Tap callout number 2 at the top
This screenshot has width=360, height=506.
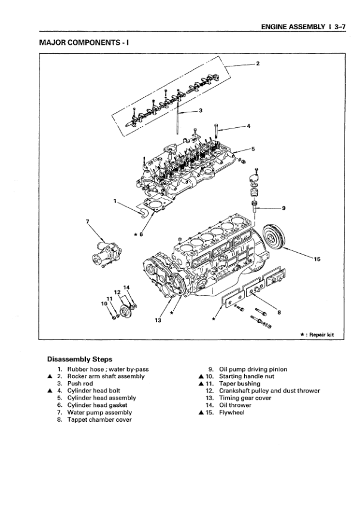click(x=257, y=63)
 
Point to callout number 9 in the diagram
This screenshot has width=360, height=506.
click(x=283, y=208)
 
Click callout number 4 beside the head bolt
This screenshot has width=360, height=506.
click(x=248, y=126)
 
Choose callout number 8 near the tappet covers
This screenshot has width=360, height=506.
click(x=279, y=311)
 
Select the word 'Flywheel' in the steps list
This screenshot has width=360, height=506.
click(x=233, y=412)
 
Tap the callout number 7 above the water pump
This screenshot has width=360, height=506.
click(x=88, y=222)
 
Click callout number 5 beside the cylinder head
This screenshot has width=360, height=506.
click(x=253, y=148)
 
